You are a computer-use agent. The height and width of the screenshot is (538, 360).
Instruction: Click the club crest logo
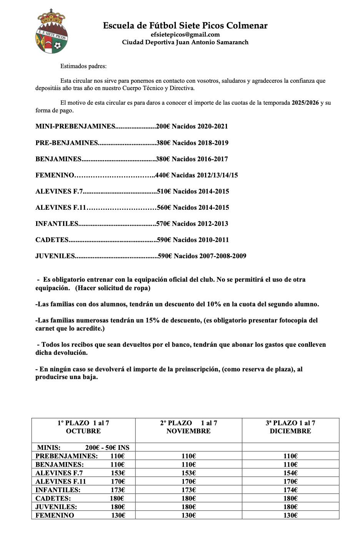tap(52, 33)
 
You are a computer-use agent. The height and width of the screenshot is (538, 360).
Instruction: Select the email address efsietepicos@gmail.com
tap(185, 34)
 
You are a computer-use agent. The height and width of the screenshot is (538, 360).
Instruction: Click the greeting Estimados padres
tap(83, 66)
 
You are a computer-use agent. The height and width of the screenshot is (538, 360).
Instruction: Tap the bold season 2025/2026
tap(305, 103)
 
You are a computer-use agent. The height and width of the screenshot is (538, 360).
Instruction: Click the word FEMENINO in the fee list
tap(55, 175)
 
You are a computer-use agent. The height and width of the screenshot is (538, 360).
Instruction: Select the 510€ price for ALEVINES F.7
tap(164, 191)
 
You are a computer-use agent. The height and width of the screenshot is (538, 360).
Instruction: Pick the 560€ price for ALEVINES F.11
tap(164, 207)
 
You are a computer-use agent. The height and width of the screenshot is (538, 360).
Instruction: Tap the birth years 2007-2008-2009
tap(223, 256)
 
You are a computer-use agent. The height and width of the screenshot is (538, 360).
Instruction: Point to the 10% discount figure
tap(214, 304)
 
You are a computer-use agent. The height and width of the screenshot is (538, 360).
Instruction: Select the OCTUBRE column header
tap(83, 431)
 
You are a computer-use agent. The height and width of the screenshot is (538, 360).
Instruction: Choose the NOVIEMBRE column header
tap(188, 431)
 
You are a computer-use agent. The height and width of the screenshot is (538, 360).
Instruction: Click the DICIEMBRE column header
tap(290, 431)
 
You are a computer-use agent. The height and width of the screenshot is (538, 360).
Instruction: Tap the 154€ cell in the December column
tap(290, 473)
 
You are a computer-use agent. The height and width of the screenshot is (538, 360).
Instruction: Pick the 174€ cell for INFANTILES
tap(290, 490)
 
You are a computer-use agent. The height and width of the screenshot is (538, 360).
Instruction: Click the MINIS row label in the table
tap(49, 448)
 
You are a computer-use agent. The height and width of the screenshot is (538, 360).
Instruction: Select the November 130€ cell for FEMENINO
tap(188, 515)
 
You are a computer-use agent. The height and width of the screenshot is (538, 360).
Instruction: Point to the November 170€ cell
tap(188, 481)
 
